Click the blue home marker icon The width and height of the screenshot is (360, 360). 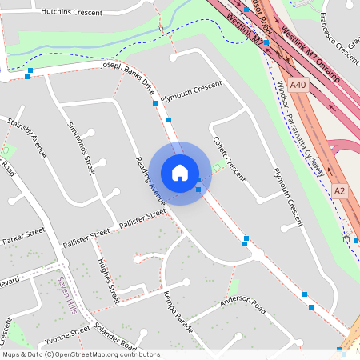coord(180,173)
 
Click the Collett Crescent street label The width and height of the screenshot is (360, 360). coord(228,156)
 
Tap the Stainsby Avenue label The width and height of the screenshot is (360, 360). coord(27,138)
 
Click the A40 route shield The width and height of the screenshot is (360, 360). coord(298,85)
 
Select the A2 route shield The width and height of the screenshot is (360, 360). coord(340,190)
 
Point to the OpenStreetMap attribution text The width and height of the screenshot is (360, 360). coord(80,354)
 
